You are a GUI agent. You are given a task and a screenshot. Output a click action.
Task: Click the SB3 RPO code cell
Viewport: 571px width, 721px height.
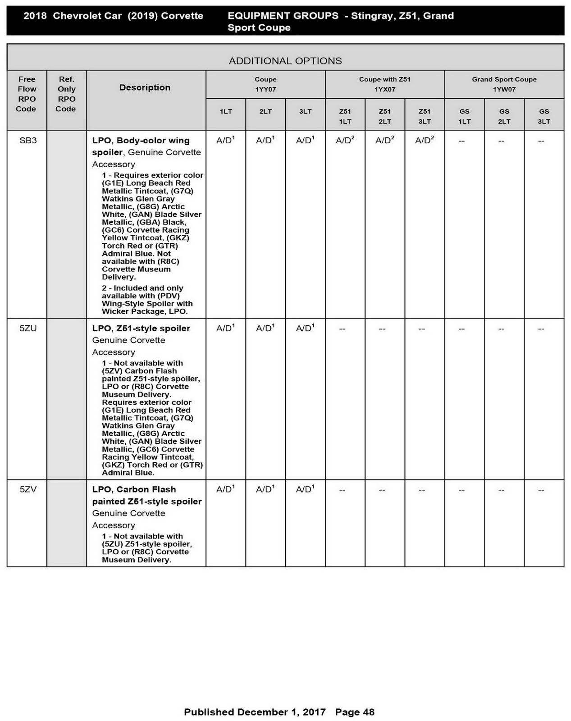click(x=28, y=141)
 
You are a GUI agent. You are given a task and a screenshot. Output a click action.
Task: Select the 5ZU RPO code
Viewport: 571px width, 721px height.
click(x=28, y=329)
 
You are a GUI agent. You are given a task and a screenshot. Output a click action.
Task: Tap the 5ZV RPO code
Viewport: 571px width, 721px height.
click(x=28, y=489)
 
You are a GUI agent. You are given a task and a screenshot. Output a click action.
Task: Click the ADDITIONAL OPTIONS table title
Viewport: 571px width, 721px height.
click(x=285, y=61)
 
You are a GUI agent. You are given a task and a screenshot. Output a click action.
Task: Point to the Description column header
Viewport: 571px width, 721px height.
click(x=145, y=87)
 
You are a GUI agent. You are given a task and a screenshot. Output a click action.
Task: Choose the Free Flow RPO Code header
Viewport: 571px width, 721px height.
click(x=27, y=94)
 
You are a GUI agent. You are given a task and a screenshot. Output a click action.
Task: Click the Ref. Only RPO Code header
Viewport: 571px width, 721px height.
click(x=66, y=94)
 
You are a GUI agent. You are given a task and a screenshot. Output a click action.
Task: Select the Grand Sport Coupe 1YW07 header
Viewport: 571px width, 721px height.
click(x=504, y=84)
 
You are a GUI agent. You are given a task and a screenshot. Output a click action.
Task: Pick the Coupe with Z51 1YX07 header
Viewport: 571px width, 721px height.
click(x=384, y=84)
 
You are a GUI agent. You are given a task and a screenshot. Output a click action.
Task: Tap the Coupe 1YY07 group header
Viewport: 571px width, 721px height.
click(x=265, y=84)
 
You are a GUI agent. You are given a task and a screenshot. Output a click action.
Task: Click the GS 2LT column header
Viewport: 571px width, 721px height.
click(x=504, y=116)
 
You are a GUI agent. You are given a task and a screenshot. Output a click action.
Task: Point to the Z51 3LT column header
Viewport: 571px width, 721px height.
click(x=425, y=116)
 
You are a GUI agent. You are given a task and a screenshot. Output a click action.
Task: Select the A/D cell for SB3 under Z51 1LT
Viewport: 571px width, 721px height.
click(x=345, y=141)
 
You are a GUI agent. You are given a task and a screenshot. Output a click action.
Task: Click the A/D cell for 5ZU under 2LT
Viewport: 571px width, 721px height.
click(x=265, y=329)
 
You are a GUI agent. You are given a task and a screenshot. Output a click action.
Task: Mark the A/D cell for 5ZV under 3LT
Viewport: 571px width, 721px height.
click(x=305, y=489)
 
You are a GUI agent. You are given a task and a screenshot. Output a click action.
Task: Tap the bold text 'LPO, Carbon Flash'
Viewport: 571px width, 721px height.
click(x=134, y=489)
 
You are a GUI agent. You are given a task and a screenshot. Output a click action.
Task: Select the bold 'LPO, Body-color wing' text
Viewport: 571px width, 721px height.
click(x=141, y=141)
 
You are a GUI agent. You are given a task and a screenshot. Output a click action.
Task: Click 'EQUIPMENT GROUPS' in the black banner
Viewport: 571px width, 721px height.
click(x=283, y=16)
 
